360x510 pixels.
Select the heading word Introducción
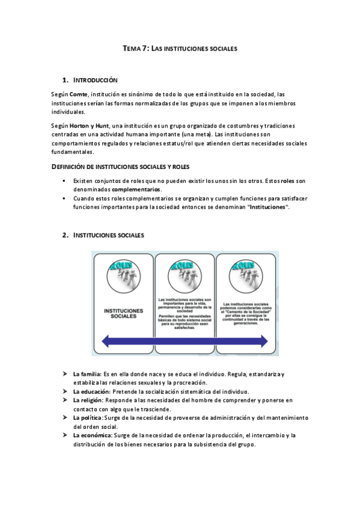[95, 81]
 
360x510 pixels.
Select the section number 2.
[64, 235]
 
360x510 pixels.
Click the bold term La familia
[87, 374]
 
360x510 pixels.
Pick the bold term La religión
[88, 399]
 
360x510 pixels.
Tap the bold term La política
[88, 417]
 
